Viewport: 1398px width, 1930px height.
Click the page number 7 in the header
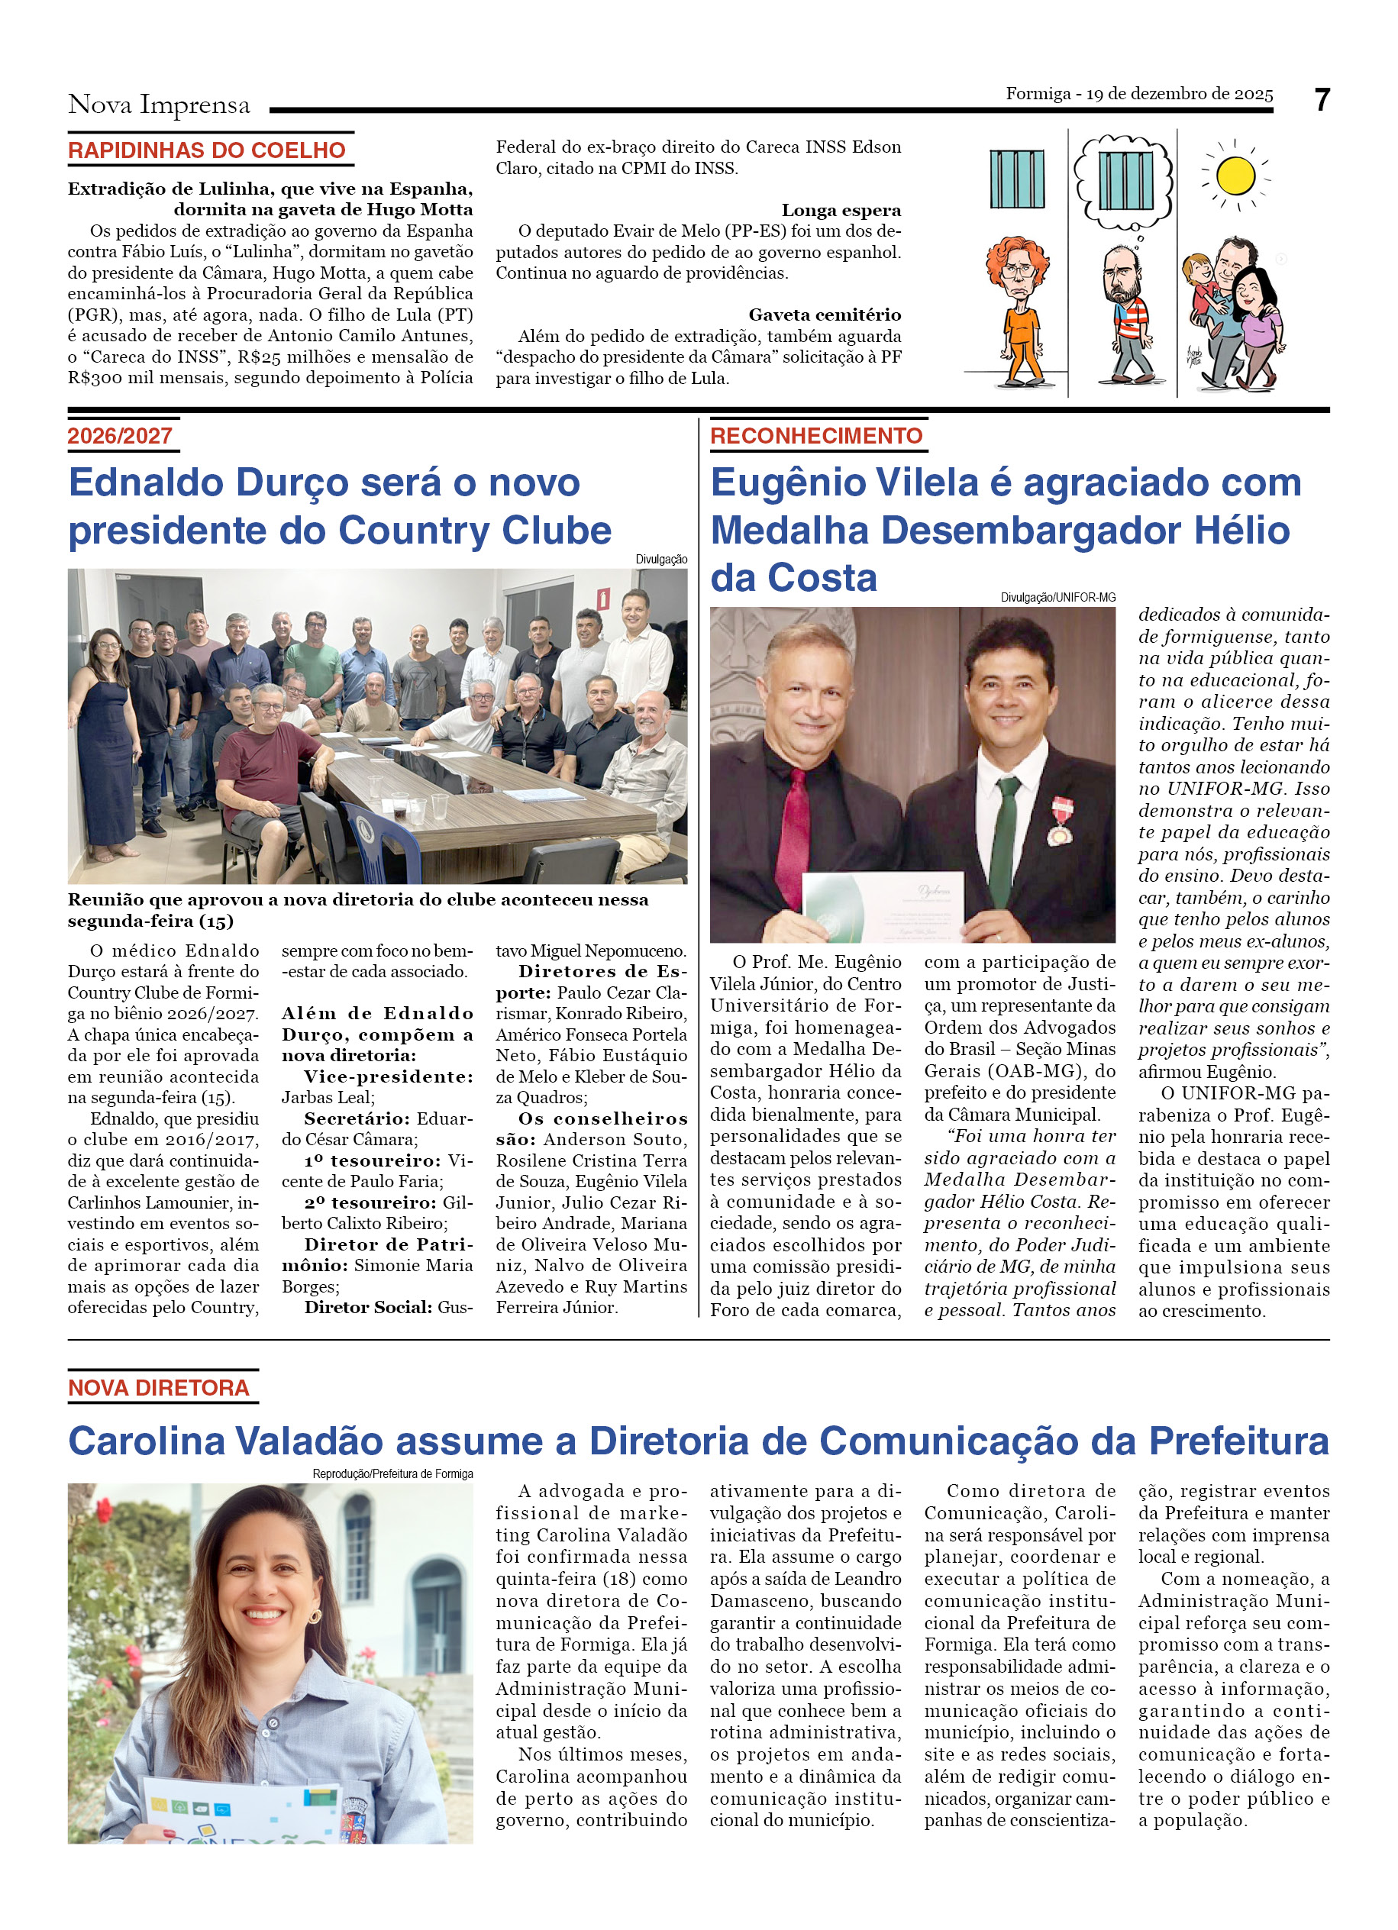pos(1321,101)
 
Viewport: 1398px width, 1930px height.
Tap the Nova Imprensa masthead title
pos(159,105)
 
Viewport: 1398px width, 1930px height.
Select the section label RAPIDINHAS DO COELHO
pos(207,150)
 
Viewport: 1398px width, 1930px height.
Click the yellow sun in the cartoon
pos(1235,176)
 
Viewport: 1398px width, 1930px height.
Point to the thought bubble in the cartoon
pos(1123,182)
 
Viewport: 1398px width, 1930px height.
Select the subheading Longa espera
pos(841,210)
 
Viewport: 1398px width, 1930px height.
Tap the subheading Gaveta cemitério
pos(824,315)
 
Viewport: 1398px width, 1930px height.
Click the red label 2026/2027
pos(120,436)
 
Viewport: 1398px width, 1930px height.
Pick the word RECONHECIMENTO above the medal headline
pos(816,436)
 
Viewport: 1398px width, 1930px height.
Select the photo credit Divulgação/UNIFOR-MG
pos(1057,597)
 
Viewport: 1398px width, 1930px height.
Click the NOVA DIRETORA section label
pos(158,1387)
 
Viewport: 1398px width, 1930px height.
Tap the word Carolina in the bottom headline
pos(147,1441)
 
